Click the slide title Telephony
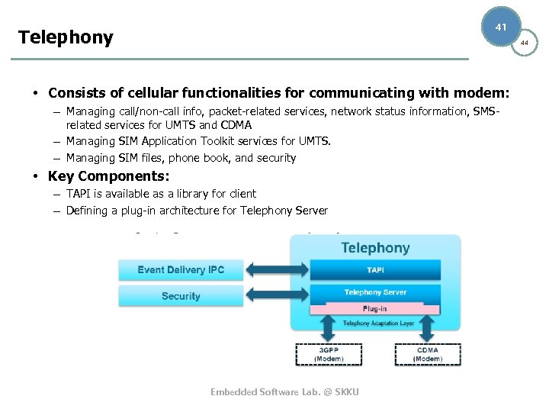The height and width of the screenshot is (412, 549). pos(66,37)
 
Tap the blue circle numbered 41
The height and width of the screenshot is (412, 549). pos(501,27)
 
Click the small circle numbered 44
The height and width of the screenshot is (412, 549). pos(524,43)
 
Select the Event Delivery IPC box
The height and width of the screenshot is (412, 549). pos(181,269)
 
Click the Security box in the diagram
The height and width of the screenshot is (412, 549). pos(181,295)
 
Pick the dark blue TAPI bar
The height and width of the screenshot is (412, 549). pos(375,270)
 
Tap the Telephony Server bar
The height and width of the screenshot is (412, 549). pos(375,292)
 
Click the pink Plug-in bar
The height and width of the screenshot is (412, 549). pos(375,308)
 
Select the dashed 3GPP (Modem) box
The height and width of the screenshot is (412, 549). pos(329,355)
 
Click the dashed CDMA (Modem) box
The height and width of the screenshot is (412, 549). pos(428,355)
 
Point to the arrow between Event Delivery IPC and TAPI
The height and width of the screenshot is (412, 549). pos(277,269)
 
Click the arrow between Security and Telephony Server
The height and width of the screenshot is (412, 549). pos(277,295)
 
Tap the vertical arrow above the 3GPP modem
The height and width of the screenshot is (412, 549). pos(329,329)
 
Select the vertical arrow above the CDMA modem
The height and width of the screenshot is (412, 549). pos(427,329)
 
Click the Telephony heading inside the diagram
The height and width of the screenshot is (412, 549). pos(375,248)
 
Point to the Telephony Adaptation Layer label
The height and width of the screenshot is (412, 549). pos(378,323)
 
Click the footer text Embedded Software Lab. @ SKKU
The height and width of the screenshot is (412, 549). pos(284,391)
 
